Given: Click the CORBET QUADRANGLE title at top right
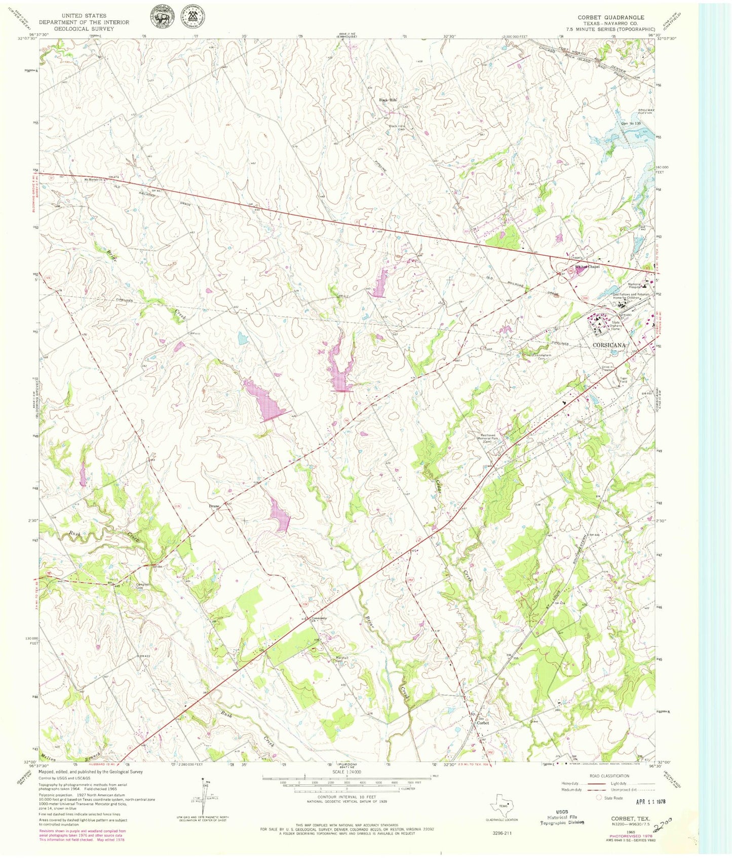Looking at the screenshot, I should click(610, 17).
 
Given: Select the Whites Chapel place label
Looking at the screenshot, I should click(587, 267).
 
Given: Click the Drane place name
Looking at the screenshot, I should click(214, 505).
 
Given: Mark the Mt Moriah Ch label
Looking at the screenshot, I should click(94, 178).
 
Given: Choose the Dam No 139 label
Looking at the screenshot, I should click(624, 123).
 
